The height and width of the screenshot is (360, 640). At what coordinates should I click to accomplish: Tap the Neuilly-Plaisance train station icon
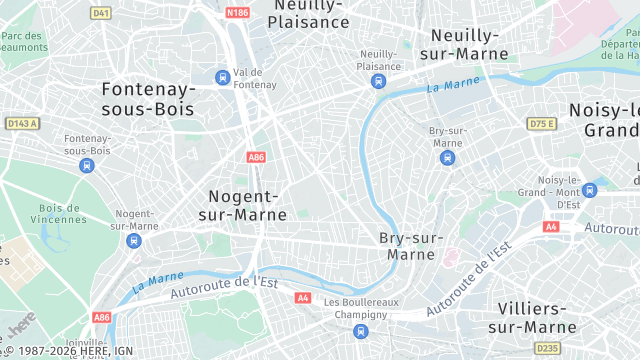pos(378,81)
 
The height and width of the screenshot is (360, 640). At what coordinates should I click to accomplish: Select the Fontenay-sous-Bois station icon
pos(87,165)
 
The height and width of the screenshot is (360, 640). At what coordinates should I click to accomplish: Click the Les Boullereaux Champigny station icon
pos(360,331)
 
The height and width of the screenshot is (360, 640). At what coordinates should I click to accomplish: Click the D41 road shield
pos(100,13)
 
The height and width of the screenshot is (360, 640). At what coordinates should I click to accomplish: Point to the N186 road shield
pos(237,13)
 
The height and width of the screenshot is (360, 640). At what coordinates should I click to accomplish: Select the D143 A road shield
pos(21,123)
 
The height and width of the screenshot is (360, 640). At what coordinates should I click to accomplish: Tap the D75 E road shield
pos(541,123)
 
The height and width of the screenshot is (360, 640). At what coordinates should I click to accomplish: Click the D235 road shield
pos(547,348)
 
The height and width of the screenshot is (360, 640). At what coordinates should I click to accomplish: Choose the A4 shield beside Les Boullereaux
pos(303,298)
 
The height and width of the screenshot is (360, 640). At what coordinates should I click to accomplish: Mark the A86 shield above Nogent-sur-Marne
pos(255,157)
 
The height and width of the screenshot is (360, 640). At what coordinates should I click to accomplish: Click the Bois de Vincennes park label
pos(60,214)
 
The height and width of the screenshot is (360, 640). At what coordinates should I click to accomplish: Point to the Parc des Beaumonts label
pos(24,41)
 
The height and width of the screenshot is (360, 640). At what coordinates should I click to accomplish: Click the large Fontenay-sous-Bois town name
pos(149,98)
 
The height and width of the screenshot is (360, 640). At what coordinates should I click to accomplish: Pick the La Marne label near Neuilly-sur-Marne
pos(447,87)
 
